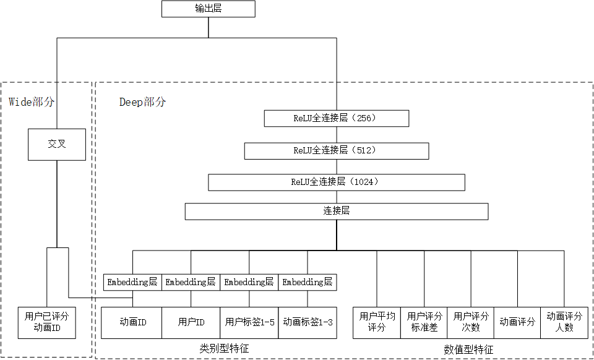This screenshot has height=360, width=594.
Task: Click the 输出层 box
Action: (208, 9)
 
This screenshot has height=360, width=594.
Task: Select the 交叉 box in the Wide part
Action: (57, 144)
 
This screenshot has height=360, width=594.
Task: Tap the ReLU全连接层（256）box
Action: (336, 118)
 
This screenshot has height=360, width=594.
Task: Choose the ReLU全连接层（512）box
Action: (336, 150)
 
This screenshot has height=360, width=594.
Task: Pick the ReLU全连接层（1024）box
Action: (336, 182)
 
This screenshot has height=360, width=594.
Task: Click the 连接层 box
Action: (336, 212)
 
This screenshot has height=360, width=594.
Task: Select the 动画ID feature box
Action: (132, 322)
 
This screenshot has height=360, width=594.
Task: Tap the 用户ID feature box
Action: (191, 322)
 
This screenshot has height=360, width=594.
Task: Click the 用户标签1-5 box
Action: (249, 322)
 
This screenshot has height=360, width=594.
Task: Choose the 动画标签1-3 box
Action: (308, 322)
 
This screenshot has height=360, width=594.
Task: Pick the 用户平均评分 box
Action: (376, 322)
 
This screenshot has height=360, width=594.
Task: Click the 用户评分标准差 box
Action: (424, 322)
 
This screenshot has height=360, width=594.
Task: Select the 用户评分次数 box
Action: (471, 322)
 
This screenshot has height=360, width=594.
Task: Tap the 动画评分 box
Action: (517, 322)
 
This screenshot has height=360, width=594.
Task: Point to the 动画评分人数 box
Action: (564, 322)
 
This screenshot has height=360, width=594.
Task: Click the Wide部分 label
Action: (32, 102)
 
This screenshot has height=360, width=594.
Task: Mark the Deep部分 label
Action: (142, 102)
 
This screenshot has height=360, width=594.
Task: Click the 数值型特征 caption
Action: (468, 349)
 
